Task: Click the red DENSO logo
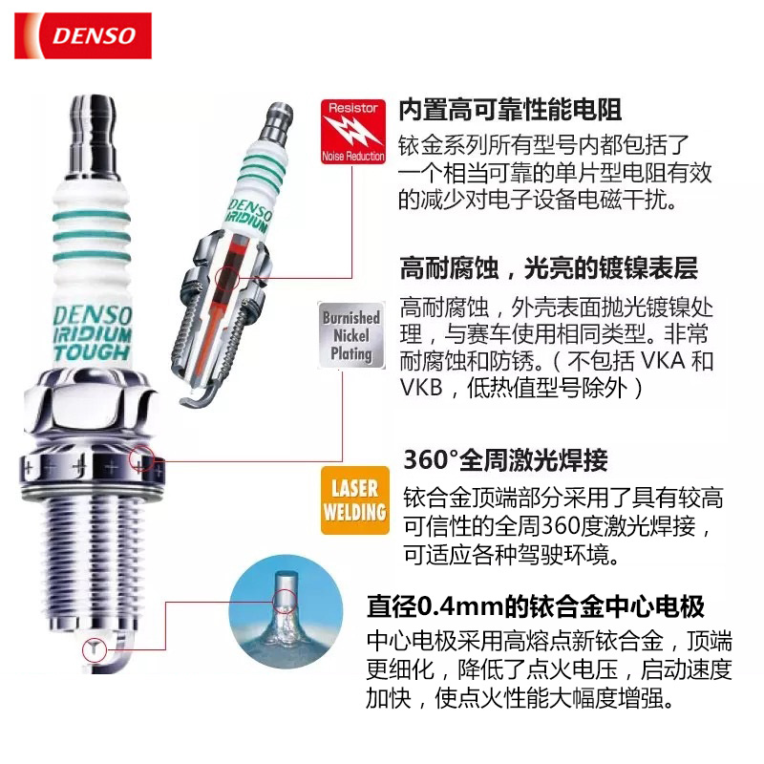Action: point(83,35)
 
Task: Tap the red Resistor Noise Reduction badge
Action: point(352,132)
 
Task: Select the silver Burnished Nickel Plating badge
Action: point(351,335)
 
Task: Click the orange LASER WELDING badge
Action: point(354,499)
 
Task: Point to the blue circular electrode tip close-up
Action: point(286,611)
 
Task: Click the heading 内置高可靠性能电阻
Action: point(510,109)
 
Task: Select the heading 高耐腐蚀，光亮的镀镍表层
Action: point(548,267)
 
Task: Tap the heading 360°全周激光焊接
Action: point(506,459)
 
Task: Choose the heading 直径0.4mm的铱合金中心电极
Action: point(536,606)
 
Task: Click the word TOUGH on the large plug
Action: point(92,351)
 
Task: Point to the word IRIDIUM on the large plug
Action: point(93,334)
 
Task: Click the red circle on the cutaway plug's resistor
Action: point(227,278)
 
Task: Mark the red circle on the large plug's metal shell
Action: point(141,459)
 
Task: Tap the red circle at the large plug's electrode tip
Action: point(94,649)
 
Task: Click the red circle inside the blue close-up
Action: point(285,602)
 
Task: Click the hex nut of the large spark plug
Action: point(91,405)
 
